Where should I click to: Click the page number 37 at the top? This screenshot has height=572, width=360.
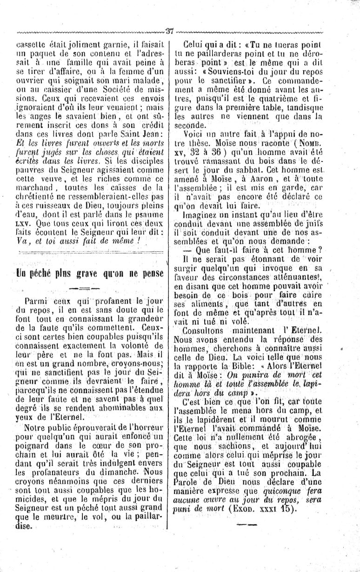point(169,32)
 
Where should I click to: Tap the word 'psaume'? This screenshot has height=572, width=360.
point(148,215)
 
